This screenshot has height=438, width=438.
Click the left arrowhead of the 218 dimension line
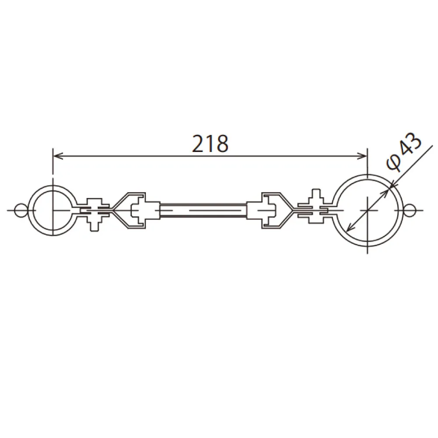[x=56, y=155]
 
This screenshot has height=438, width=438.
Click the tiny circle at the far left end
[x=20, y=210]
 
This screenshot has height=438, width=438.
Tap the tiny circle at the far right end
[x=408, y=210]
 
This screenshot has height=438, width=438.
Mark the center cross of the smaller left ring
[x=53, y=210]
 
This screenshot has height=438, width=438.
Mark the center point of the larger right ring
[x=367, y=210]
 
